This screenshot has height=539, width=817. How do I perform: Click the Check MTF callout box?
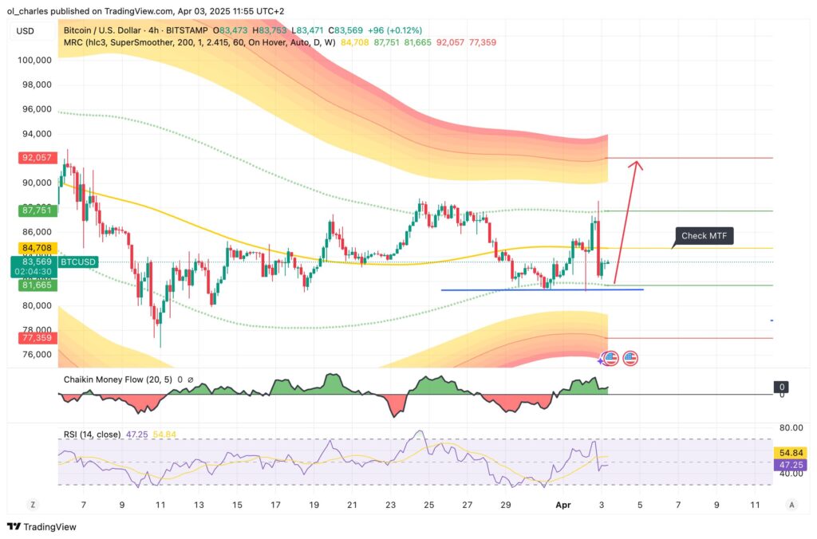pos(704,235)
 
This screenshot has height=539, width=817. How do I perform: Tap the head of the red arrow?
pos(636,164)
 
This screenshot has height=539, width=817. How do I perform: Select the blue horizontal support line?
pos(542,289)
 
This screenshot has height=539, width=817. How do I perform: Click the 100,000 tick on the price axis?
pos(36,60)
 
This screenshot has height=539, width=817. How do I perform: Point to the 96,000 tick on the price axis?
pos(36,109)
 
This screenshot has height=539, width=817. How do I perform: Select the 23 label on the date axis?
pos(390,504)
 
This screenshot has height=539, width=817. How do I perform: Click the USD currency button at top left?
pos(25,31)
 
